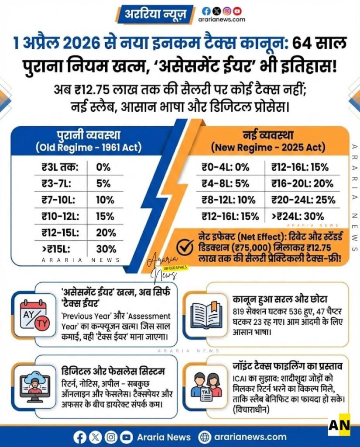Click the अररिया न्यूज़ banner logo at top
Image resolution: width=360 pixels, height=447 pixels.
pyautogui.click(x=156, y=15)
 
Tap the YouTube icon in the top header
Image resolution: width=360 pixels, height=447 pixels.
pyautogui.click(x=237, y=11)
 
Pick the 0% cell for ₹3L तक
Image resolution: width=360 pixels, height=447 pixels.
pyautogui.click(x=103, y=167)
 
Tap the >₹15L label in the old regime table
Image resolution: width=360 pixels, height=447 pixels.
pyautogui.click(x=55, y=249)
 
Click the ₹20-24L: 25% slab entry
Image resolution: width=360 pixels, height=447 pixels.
pyautogui.click(x=303, y=199)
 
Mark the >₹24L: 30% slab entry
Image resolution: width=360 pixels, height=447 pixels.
pyautogui.click(x=298, y=216)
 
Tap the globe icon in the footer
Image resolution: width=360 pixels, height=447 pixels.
pyautogui.click(x=204, y=437)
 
